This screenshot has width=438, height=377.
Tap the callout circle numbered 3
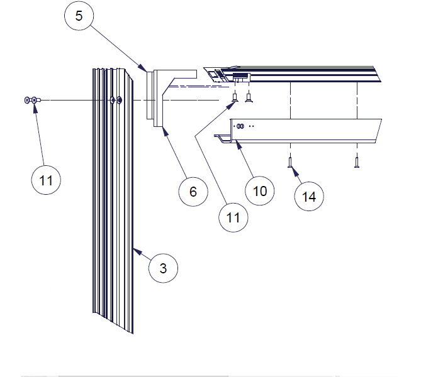pos(163,269)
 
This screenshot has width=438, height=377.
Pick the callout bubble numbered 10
pos(260,190)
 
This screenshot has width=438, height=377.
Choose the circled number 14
pos(308,197)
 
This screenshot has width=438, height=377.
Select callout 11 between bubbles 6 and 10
pos(233,217)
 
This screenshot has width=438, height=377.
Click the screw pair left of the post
pos(31,100)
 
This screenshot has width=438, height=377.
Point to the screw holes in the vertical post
pos(116,100)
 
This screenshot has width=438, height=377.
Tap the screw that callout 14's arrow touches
pos(290,162)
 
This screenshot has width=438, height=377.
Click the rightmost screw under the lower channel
pos(357,162)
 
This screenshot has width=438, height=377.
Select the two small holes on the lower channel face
pos(240,126)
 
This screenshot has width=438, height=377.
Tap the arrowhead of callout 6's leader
pos(163,129)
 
